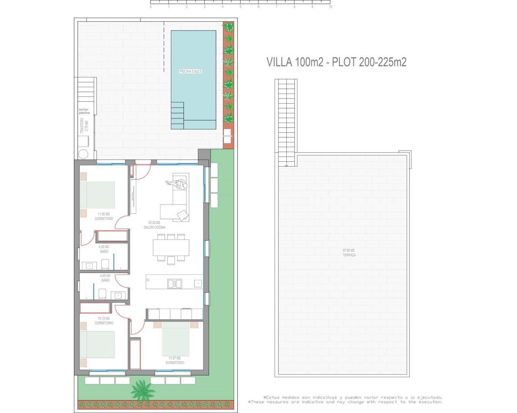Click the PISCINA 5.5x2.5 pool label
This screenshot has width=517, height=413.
click(190, 71)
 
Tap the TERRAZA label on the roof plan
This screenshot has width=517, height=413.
click(349, 253)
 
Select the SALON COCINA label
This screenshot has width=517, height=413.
click(154, 225)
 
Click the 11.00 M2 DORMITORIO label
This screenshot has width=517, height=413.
click(104, 216)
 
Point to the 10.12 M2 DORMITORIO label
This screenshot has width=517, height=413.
click(104, 321)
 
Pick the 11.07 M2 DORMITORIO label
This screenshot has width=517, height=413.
click(174, 360)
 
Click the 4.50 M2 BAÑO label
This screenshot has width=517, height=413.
click(104, 249)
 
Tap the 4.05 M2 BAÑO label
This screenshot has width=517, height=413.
click(105, 278)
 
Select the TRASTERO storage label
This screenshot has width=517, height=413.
click(84, 126)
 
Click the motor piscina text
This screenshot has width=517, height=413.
click(84, 111)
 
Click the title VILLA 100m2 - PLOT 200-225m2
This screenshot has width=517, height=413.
click(336, 62)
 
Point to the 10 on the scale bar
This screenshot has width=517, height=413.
click(330, 7)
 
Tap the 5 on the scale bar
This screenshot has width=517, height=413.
click(240, 7)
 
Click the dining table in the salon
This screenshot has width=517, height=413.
click(171, 248)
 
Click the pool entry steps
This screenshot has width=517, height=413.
click(177, 113)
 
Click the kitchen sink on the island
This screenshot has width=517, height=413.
click(174, 284)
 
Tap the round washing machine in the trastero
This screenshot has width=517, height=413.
click(84, 154)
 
